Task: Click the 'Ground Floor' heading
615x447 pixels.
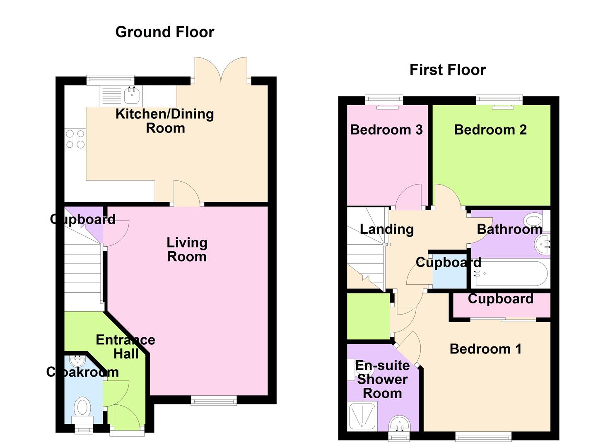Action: tap(164, 32)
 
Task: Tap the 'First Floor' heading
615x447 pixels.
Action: tap(448, 70)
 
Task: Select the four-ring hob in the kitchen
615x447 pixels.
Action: tap(75, 139)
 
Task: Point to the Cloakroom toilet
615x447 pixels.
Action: tap(82, 410)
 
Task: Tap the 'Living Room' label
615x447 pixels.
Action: tap(187, 250)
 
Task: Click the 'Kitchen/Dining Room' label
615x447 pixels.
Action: tap(165, 121)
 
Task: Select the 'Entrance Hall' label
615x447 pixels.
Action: tap(125, 346)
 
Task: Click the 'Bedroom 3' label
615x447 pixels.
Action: tap(386, 130)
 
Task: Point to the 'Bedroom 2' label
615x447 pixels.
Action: tap(490, 130)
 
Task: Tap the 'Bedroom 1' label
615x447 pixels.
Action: tap(485, 349)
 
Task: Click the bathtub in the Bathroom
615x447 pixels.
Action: tap(511, 273)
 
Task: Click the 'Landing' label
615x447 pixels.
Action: tap(386, 229)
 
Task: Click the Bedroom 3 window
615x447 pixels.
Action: tap(384, 100)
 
